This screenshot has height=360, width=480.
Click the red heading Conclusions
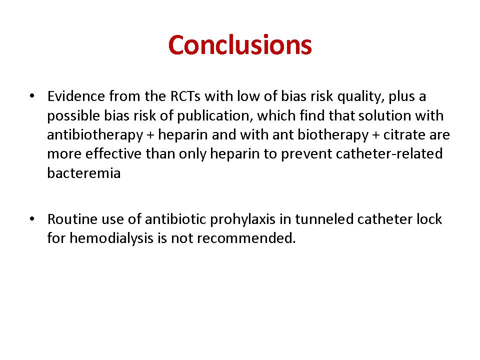coord(240,45)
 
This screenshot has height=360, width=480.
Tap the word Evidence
coord(76,96)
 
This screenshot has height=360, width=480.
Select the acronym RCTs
coord(185,96)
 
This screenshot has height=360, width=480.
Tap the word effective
coord(113,153)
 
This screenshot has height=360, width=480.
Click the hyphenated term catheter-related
coord(389,153)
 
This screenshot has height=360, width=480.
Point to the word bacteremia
coord(84,173)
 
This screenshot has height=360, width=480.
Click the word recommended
coord(246,238)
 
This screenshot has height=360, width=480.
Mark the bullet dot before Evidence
coord(32,96)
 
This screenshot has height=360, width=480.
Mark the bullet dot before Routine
coord(32,219)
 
